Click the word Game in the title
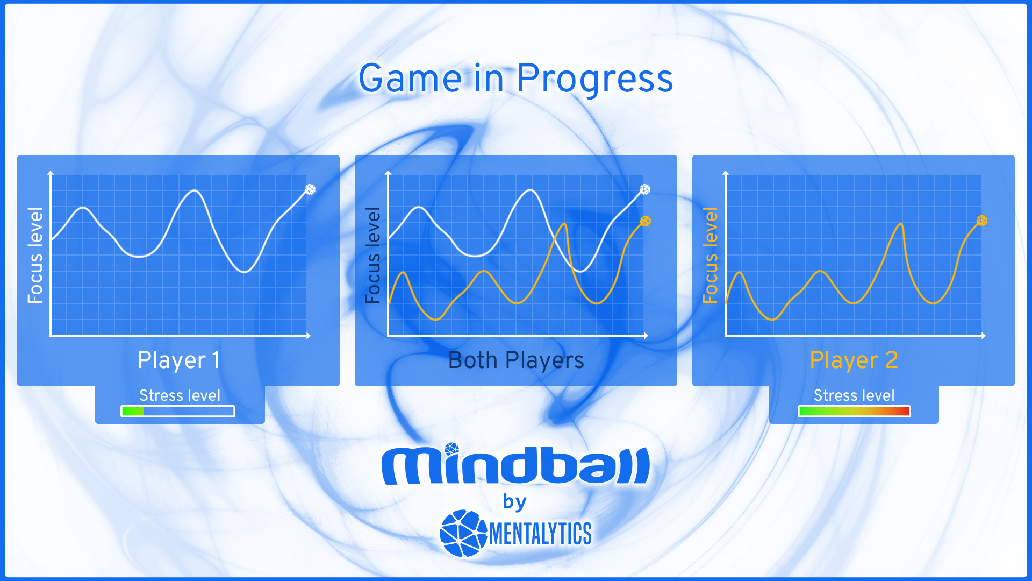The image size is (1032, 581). tap(410, 79)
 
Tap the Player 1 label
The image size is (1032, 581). tap(178, 360)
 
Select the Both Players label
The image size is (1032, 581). tap(516, 360)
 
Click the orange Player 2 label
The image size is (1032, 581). tap(854, 360)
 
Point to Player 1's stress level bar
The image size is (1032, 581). tap(178, 412)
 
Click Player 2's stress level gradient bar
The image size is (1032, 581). tap(854, 412)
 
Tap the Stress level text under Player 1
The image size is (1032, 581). tap(180, 395)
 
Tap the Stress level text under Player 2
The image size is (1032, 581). tap(854, 395)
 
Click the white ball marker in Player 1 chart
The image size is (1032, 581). tap(310, 189)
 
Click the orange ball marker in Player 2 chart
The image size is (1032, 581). tap(982, 221)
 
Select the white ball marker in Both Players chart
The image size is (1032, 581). tap(645, 189)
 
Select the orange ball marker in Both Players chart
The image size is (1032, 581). tap(646, 221)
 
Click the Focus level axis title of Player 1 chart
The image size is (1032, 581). tap(35, 256)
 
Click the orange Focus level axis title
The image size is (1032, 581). tap(710, 256)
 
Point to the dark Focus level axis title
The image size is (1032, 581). tap(372, 256)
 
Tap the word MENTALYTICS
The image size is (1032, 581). tap(540, 534)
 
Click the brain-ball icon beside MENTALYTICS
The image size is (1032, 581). tap(463, 533)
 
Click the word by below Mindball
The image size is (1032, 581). tap(514, 502)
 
